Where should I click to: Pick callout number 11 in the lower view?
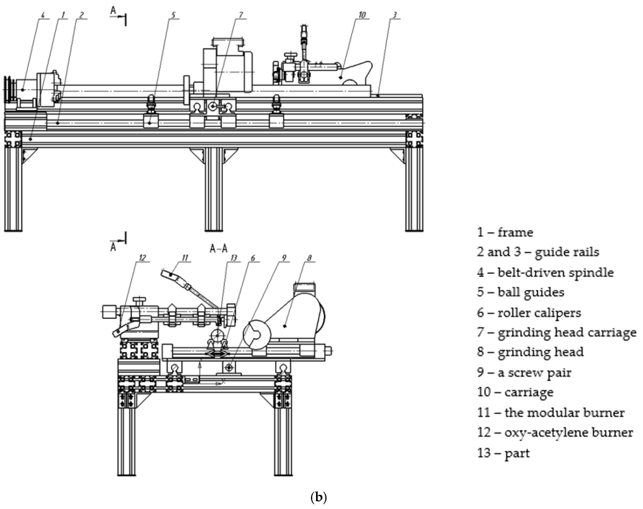(x=185, y=258)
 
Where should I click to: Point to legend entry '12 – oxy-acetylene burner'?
(x=555, y=432)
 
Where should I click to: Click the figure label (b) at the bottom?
(x=319, y=497)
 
